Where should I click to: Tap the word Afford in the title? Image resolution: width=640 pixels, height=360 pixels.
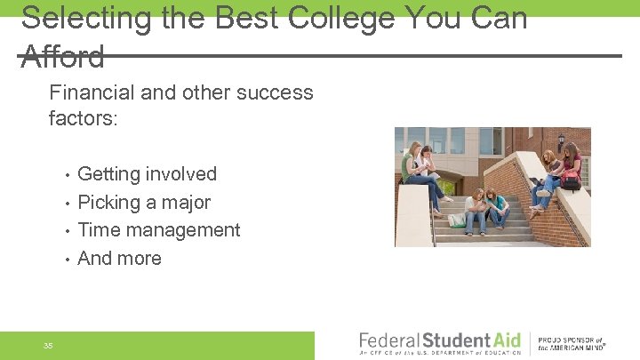coord(62,57)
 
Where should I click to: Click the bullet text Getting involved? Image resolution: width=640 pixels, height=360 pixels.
coord(147,174)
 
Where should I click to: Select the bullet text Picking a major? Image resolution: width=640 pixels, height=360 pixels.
coord(144,203)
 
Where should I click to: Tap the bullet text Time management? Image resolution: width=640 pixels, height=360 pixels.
coord(159,230)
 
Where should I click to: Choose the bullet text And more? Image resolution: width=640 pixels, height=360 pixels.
coord(120,259)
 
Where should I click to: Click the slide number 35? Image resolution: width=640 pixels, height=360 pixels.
coord(48,345)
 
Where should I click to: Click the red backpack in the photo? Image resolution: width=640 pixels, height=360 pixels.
coord(570,180)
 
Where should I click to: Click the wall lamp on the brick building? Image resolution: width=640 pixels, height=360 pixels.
coord(560,140)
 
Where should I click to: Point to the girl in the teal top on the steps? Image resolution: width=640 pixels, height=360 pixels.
coord(495,208)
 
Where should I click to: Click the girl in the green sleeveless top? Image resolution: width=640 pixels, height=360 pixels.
coord(412,169)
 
